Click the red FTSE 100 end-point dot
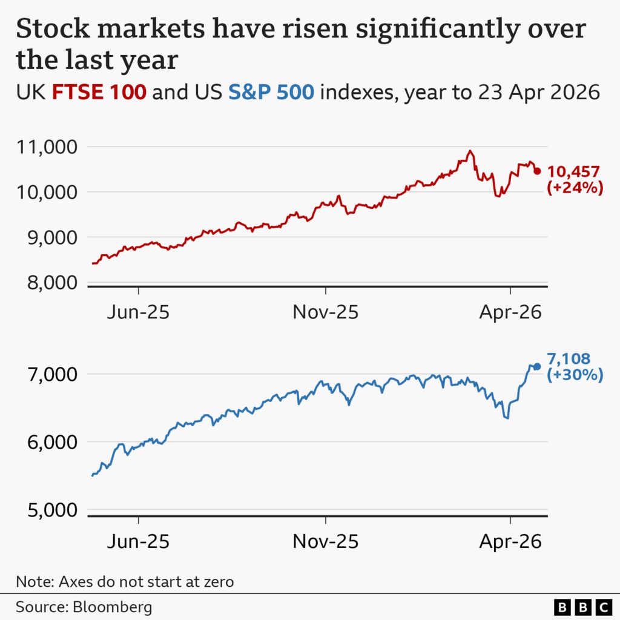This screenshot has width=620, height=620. pyautogui.click(x=537, y=171)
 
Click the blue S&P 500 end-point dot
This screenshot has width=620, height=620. pyautogui.click(x=537, y=366)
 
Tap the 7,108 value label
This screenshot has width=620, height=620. pyautogui.click(x=569, y=359)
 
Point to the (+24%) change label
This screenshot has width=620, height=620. pyautogui.click(x=575, y=188)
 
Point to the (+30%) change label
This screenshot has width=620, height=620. pyautogui.click(x=575, y=375)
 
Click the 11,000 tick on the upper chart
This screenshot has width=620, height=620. pyautogui.click(x=46, y=147)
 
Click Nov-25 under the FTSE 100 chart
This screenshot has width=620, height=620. pyautogui.click(x=325, y=312)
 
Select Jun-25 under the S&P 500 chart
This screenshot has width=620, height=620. pyautogui.click(x=138, y=541)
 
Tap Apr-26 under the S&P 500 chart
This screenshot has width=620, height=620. pyautogui.click(x=510, y=541)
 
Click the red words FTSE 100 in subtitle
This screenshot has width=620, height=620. pyautogui.click(x=99, y=93)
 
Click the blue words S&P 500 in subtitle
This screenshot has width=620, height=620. pyautogui.click(x=271, y=93)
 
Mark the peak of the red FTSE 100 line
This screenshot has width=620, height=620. pyautogui.click(x=470, y=151)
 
